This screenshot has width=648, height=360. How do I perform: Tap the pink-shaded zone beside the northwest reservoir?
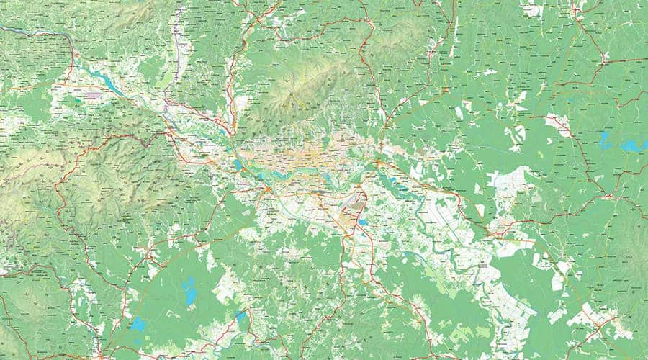[x=94, y=94]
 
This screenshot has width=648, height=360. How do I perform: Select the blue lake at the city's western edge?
[x=238, y=165]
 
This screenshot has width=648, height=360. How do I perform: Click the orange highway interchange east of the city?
[x=378, y=164]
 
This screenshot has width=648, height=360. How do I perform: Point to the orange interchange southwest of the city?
[x=267, y=189]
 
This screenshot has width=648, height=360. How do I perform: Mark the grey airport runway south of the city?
[x=356, y=213]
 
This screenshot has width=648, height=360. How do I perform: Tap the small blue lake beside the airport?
[x=364, y=222]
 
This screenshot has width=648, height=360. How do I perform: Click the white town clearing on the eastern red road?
[x=558, y=123]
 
